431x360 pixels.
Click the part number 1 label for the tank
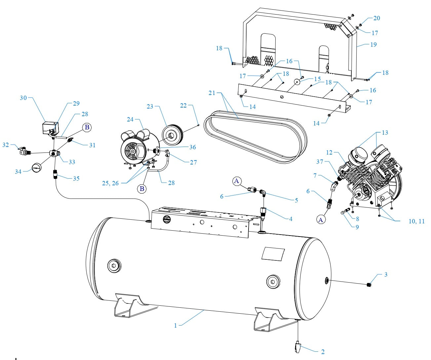click(x=176, y=326)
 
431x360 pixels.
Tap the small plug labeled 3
click(x=370, y=285)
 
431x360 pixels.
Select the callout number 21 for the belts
click(x=212, y=93)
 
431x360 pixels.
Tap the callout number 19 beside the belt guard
click(x=373, y=44)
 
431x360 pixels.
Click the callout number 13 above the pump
click(x=385, y=133)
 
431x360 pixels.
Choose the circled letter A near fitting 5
click(x=236, y=181)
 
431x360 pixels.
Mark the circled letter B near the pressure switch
click(x=87, y=127)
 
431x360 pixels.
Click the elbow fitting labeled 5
click(x=262, y=192)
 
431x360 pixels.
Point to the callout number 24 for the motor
click(x=131, y=119)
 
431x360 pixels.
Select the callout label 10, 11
click(x=416, y=221)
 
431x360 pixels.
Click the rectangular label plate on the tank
click(x=273, y=254)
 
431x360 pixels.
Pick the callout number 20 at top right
click(x=376, y=18)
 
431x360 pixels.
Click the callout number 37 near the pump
click(x=319, y=162)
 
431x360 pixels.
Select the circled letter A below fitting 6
click(x=320, y=219)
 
